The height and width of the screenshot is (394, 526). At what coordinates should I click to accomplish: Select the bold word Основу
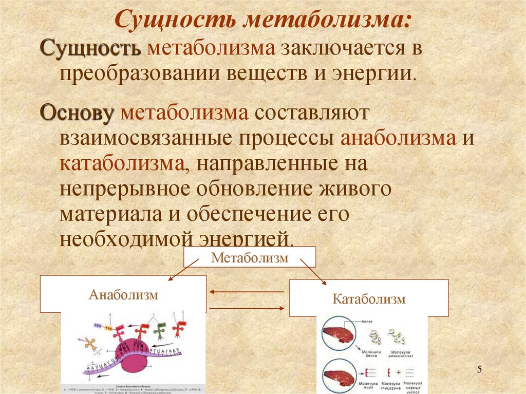[x=77, y=112]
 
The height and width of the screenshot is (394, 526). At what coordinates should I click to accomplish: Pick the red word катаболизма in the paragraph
[x=122, y=164]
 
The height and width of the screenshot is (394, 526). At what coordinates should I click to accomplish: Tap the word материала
[x=108, y=214]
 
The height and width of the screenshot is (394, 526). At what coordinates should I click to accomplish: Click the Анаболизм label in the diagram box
[x=123, y=295]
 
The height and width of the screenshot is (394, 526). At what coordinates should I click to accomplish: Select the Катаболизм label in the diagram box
[x=369, y=298]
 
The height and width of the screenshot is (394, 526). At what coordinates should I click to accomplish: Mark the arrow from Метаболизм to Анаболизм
[x=183, y=269]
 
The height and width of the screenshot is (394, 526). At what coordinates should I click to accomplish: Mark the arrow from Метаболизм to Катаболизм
[x=313, y=270]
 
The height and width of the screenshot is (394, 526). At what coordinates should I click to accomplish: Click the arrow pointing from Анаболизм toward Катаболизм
[x=247, y=307]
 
